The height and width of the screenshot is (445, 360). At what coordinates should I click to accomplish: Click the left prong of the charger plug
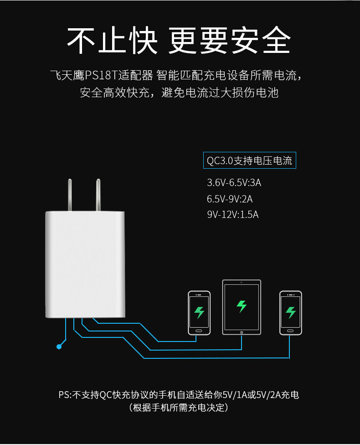pos(70,195)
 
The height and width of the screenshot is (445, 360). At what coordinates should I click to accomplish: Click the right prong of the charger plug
pos(98,195)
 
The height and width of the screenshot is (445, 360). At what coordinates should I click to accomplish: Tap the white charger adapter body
pos(85,264)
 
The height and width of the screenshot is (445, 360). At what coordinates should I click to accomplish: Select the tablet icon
pos(242,307)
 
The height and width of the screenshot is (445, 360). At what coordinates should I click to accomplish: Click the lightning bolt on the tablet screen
pos(242,306)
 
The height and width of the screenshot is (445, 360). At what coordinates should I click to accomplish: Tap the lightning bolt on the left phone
pos(199,312)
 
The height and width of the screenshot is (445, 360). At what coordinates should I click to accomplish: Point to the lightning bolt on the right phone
pos(290,312)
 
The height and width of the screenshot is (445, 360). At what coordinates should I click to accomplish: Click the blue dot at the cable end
pos(59,347)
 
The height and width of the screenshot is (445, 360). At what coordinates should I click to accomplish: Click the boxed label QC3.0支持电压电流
pos(250,160)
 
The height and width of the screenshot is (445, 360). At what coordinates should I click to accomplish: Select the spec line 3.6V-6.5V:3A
pos(234,182)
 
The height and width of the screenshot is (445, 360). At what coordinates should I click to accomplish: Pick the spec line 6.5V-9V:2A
pos(230,199)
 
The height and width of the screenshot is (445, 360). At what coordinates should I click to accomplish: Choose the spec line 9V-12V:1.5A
pos(233,215)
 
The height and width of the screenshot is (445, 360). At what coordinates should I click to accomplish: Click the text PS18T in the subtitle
pos(101,76)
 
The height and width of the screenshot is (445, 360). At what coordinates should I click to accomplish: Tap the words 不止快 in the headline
pos(112,40)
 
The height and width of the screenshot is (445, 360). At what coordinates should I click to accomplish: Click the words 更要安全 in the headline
pos(230,40)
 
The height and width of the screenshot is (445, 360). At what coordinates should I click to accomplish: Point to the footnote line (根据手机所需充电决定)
pos(179,408)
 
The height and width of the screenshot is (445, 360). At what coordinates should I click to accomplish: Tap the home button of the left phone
pos(199,331)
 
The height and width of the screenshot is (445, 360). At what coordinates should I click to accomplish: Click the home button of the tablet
pos(242,332)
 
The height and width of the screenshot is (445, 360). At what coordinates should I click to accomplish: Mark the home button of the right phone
pos(290,331)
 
